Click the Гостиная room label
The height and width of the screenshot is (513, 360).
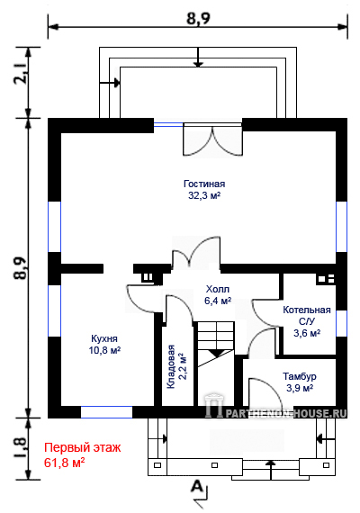click(204, 184)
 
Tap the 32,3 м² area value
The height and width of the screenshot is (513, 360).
click(204, 195)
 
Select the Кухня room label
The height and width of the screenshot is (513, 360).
click(104, 338)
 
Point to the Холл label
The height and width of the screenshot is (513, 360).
click(218, 289)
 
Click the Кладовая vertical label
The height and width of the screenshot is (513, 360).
click(171, 367)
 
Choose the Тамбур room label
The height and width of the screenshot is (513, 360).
click(300, 376)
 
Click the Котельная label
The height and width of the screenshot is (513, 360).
click(307, 310)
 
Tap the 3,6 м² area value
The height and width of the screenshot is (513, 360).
click(307, 333)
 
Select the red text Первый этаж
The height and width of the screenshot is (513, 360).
click(83, 447)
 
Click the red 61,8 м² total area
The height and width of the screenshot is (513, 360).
click(65, 463)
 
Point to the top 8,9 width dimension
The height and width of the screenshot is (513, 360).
click(198, 18)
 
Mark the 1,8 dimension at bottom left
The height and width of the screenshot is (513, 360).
click(21, 448)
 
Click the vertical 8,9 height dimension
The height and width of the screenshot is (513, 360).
click(21, 268)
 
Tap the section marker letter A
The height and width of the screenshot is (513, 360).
click(196, 486)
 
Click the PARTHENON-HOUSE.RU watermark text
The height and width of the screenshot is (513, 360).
click(286, 413)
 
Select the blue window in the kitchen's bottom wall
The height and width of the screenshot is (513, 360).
click(107, 412)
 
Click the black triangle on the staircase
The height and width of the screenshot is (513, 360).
click(216, 354)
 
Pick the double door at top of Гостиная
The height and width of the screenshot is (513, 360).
click(212, 139)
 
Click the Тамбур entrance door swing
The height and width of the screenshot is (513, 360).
click(265, 392)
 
